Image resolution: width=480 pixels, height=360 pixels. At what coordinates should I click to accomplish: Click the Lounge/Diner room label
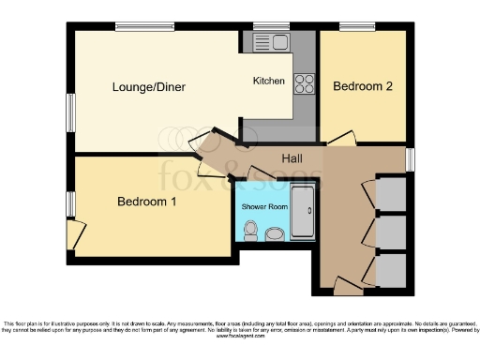(x=149, y=87)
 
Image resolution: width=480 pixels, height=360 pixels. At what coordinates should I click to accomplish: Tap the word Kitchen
(x=269, y=82)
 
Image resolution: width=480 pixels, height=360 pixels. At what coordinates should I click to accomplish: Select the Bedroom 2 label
(x=362, y=86)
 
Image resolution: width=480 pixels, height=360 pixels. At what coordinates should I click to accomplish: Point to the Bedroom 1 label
(x=146, y=202)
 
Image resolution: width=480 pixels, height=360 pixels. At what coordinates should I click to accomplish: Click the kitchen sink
(x=278, y=42)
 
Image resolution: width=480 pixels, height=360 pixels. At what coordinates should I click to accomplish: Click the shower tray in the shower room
(x=303, y=213)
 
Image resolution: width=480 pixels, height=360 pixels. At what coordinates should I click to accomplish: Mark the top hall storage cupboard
(x=391, y=193)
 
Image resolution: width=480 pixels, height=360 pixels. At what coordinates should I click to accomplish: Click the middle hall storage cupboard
(x=391, y=232)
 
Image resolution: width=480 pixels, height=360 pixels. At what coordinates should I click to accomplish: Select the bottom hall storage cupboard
(x=391, y=270)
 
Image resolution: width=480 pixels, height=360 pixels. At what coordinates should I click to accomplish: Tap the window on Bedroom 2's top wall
(x=357, y=27)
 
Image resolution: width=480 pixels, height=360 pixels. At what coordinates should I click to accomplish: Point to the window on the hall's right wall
(x=411, y=158)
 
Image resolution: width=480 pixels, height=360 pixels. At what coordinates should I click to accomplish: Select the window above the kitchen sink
(x=271, y=27)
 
